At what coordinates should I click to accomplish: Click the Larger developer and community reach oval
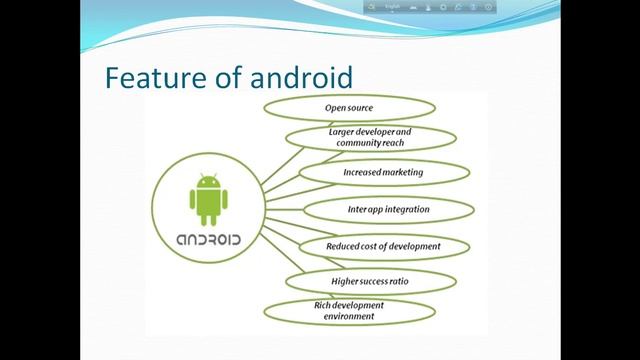370,138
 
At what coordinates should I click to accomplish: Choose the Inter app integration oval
388,210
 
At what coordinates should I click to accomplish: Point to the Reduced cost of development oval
384,246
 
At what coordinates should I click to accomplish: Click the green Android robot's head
207,183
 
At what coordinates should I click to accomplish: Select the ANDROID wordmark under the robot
208,241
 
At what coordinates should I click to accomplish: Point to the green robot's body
207,204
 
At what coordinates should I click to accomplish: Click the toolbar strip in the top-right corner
429,8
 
